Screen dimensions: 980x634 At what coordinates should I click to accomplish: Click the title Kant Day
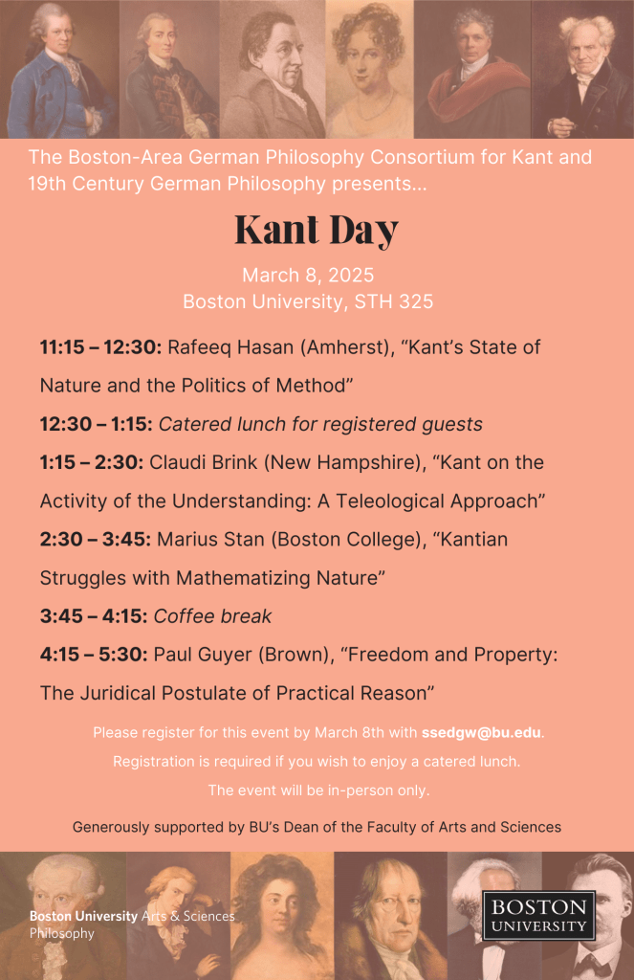[x=317, y=231]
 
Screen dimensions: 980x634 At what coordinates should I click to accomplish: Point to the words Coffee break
[x=215, y=616]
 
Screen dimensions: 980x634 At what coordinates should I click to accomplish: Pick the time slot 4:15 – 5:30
[x=92, y=654]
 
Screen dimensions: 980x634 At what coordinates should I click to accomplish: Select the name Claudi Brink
[x=203, y=462]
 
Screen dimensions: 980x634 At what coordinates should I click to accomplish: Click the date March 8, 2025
[x=307, y=276]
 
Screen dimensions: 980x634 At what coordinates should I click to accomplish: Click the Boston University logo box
[x=538, y=916]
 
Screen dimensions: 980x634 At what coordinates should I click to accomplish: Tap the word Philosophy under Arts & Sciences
[x=62, y=933]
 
